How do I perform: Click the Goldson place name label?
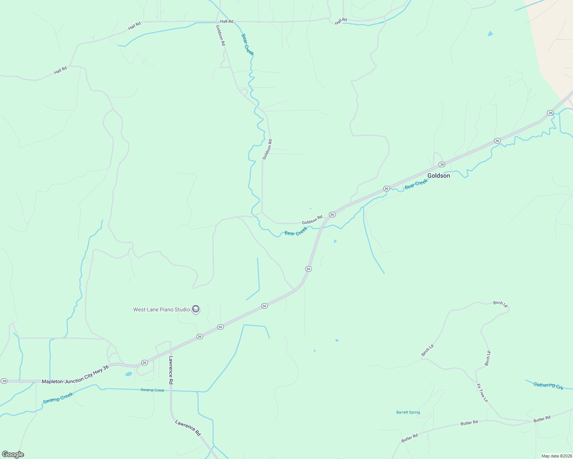click(439, 176)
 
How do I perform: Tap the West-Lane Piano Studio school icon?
click(196, 309)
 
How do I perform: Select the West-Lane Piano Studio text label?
click(162, 309)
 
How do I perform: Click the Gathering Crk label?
click(548, 386)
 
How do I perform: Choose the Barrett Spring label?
click(408, 412)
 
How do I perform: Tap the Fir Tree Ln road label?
click(482, 393)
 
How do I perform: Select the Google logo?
click(13, 454)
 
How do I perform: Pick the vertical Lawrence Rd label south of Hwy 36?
click(171, 370)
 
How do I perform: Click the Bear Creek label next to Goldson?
click(416, 184)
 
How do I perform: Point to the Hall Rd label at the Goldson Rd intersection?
click(226, 21)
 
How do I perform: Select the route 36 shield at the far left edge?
click(4, 381)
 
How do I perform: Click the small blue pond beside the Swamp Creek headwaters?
click(128, 374)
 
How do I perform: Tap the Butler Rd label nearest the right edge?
click(542, 419)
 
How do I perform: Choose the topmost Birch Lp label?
click(500, 304)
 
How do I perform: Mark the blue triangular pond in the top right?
click(490, 34)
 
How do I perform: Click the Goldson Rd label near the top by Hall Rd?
click(220, 35)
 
